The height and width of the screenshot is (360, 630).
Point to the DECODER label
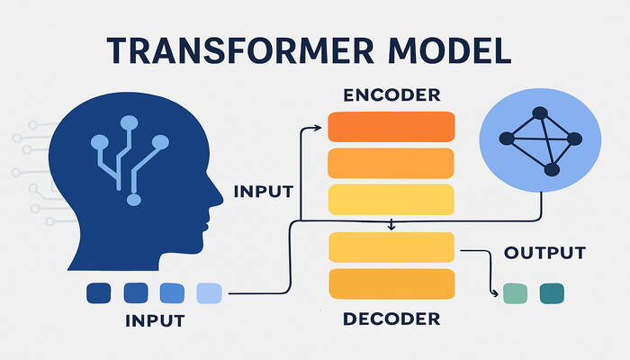(x=391, y=319)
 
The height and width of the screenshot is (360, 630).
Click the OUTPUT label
(x=544, y=253)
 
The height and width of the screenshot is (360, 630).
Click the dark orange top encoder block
(x=390, y=127)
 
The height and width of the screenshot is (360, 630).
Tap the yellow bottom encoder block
(x=390, y=198)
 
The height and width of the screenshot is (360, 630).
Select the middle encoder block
(x=390, y=163)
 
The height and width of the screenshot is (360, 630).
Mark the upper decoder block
(x=390, y=247)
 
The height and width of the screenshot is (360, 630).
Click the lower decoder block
(x=390, y=283)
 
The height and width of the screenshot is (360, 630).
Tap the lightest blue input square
(x=208, y=292)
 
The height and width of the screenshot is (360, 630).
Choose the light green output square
(x=516, y=293)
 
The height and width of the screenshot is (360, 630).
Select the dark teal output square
(x=551, y=293)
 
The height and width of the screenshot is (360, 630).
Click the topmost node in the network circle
(x=541, y=113)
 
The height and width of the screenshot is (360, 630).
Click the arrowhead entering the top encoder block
(x=320, y=128)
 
